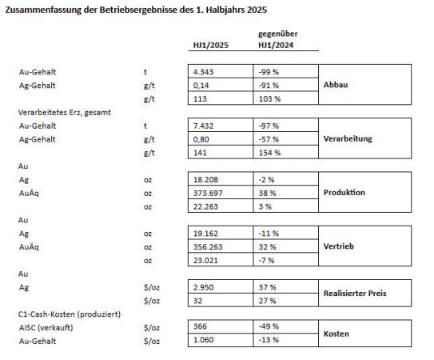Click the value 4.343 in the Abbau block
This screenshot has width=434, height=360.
point(203,72)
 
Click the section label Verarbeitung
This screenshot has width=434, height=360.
point(348,138)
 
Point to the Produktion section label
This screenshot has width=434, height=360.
point(344,192)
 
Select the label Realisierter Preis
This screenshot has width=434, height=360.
point(355,294)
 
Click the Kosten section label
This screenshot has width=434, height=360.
point(336,334)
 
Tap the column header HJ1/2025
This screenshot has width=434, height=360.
point(211,45)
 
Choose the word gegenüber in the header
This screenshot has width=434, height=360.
point(277,34)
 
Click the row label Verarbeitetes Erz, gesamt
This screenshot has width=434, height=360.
point(65,113)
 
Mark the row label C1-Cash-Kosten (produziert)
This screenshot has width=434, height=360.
point(70,314)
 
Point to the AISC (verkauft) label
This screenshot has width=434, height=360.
point(46,328)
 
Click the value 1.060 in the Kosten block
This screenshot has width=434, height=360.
point(203,340)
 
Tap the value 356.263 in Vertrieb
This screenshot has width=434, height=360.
point(208,247)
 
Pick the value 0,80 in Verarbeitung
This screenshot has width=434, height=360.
point(201,139)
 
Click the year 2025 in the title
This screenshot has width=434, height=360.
point(257,10)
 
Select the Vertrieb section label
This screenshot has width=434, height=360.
point(339,246)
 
